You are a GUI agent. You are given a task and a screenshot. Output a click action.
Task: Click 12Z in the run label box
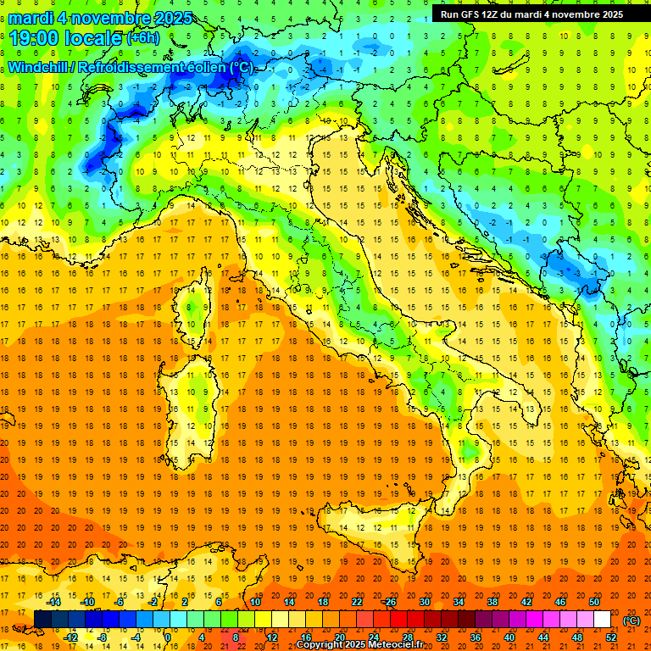(498, 14)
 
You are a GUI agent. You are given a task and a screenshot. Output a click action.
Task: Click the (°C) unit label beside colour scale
(631, 620)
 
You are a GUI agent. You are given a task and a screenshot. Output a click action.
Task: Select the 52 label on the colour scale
(611, 637)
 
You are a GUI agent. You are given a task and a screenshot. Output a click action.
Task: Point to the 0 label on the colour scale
(169, 637)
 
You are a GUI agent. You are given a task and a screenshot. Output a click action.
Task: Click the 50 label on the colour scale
(594, 602)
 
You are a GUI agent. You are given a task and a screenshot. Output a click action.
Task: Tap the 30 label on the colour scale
(424, 602)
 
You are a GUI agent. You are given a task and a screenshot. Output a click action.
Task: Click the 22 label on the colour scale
(356, 602)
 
